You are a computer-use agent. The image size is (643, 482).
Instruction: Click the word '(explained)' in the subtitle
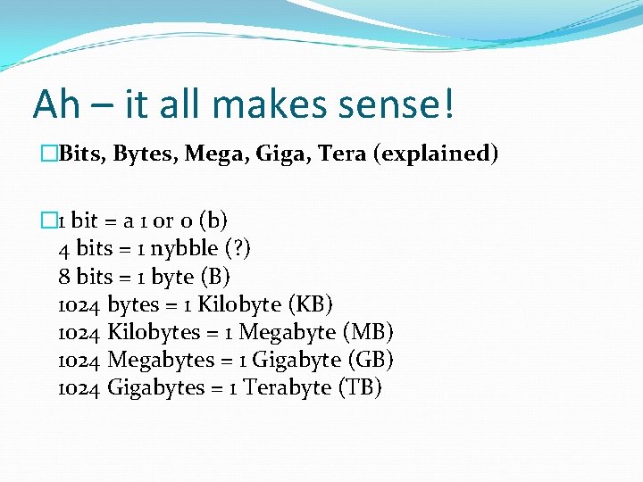(437, 154)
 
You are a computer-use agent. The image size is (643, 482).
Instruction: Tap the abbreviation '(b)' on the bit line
(213, 220)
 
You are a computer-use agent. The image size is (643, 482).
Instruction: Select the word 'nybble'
(185, 247)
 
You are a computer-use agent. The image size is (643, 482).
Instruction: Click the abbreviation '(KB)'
(313, 303)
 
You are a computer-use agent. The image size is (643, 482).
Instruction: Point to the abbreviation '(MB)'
(368, 332)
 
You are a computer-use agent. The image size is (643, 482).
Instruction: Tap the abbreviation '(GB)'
(368, 360)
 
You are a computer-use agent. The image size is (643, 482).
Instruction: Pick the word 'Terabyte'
(287, 388)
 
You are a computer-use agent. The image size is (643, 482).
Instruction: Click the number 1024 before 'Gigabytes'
(79, 388)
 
